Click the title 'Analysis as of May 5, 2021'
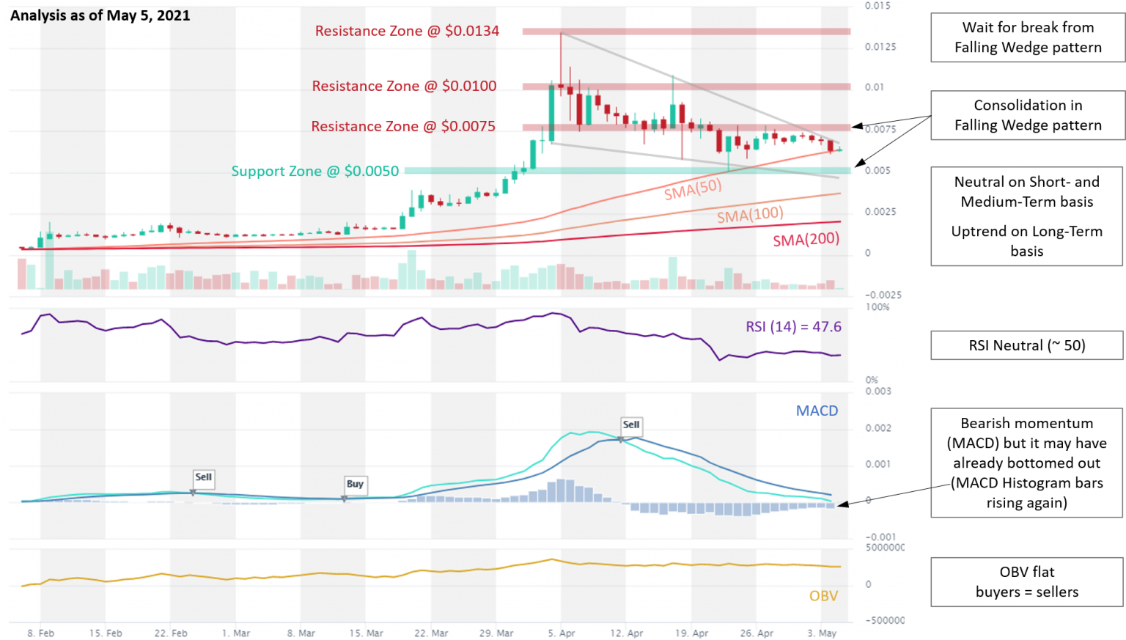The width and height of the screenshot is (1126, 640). point(100,15)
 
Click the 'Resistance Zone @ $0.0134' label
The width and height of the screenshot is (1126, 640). point(407,31)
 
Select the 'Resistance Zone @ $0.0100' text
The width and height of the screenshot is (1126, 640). point(404,86)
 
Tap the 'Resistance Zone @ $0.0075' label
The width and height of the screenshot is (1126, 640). point(403,126)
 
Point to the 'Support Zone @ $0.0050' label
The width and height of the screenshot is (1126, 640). point(315,171)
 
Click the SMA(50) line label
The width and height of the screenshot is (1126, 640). point(693,189)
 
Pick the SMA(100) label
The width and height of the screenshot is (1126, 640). point(750,215)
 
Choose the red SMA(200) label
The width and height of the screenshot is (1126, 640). point(806,239)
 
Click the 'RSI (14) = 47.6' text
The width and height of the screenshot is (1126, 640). point(793,327)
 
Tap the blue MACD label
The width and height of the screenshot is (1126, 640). point(817,411)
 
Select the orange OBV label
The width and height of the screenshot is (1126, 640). point(823,596)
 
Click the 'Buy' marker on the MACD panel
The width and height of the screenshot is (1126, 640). point(355,484)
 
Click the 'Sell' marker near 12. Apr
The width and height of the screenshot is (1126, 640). point(630,424)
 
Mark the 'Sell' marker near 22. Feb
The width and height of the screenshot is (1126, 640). point(203,477)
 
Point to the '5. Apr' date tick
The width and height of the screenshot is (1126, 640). point(562,633)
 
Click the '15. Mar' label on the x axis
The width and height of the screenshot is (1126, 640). point(366,633)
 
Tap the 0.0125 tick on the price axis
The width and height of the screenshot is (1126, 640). point(880,47)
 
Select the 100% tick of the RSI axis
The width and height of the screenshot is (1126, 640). point(877,307)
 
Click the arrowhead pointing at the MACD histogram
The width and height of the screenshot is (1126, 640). point(842,504)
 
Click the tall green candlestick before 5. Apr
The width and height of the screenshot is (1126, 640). point(551,114)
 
